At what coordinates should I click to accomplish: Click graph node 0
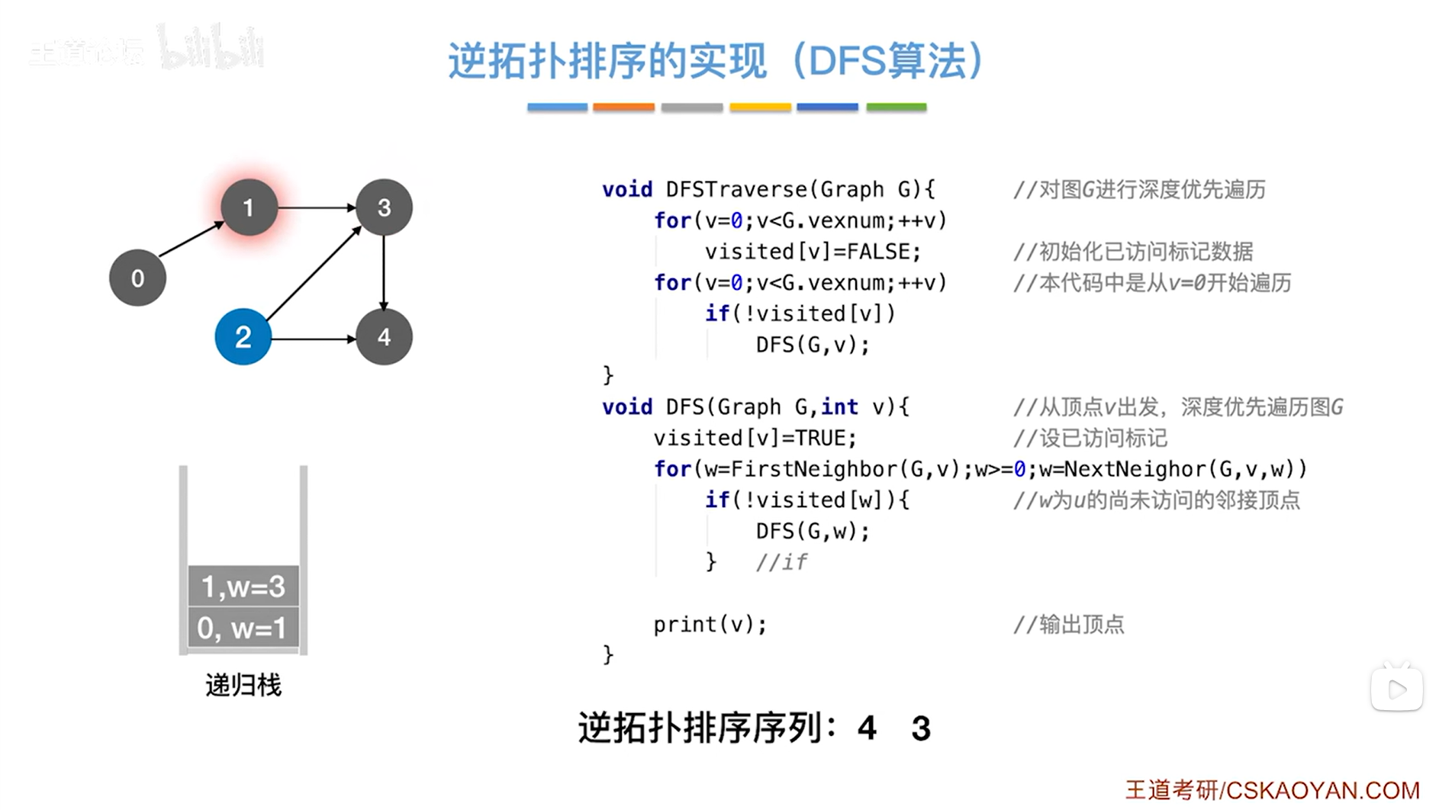tap(137, 278)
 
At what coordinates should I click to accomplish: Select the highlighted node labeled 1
tap(248, 207)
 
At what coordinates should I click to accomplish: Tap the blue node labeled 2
tap(243, 337)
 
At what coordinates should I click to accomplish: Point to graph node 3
tap(384, 207)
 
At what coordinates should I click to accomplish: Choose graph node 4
tap(384, 337)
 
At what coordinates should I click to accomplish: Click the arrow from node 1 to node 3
tap(317, 207)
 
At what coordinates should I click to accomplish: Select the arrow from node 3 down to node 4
tap(384, 272)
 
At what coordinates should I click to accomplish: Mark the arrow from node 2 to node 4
tap(314, 338)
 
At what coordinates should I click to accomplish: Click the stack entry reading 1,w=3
tap(243, 586)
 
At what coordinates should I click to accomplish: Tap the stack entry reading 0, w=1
tap(243, 628)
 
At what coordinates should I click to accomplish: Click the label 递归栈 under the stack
tap(243, 685)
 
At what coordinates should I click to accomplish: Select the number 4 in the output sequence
tap(866, 728)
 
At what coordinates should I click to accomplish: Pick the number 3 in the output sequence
tap(921, 728)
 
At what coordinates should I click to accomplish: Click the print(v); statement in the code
tap(710, 624)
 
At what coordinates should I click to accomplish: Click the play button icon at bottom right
tap(1396, 689)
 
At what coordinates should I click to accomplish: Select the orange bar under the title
tap(623, 108)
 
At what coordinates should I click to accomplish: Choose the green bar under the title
tap(896, 108)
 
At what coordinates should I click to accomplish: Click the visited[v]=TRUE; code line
tap(755, 438)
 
